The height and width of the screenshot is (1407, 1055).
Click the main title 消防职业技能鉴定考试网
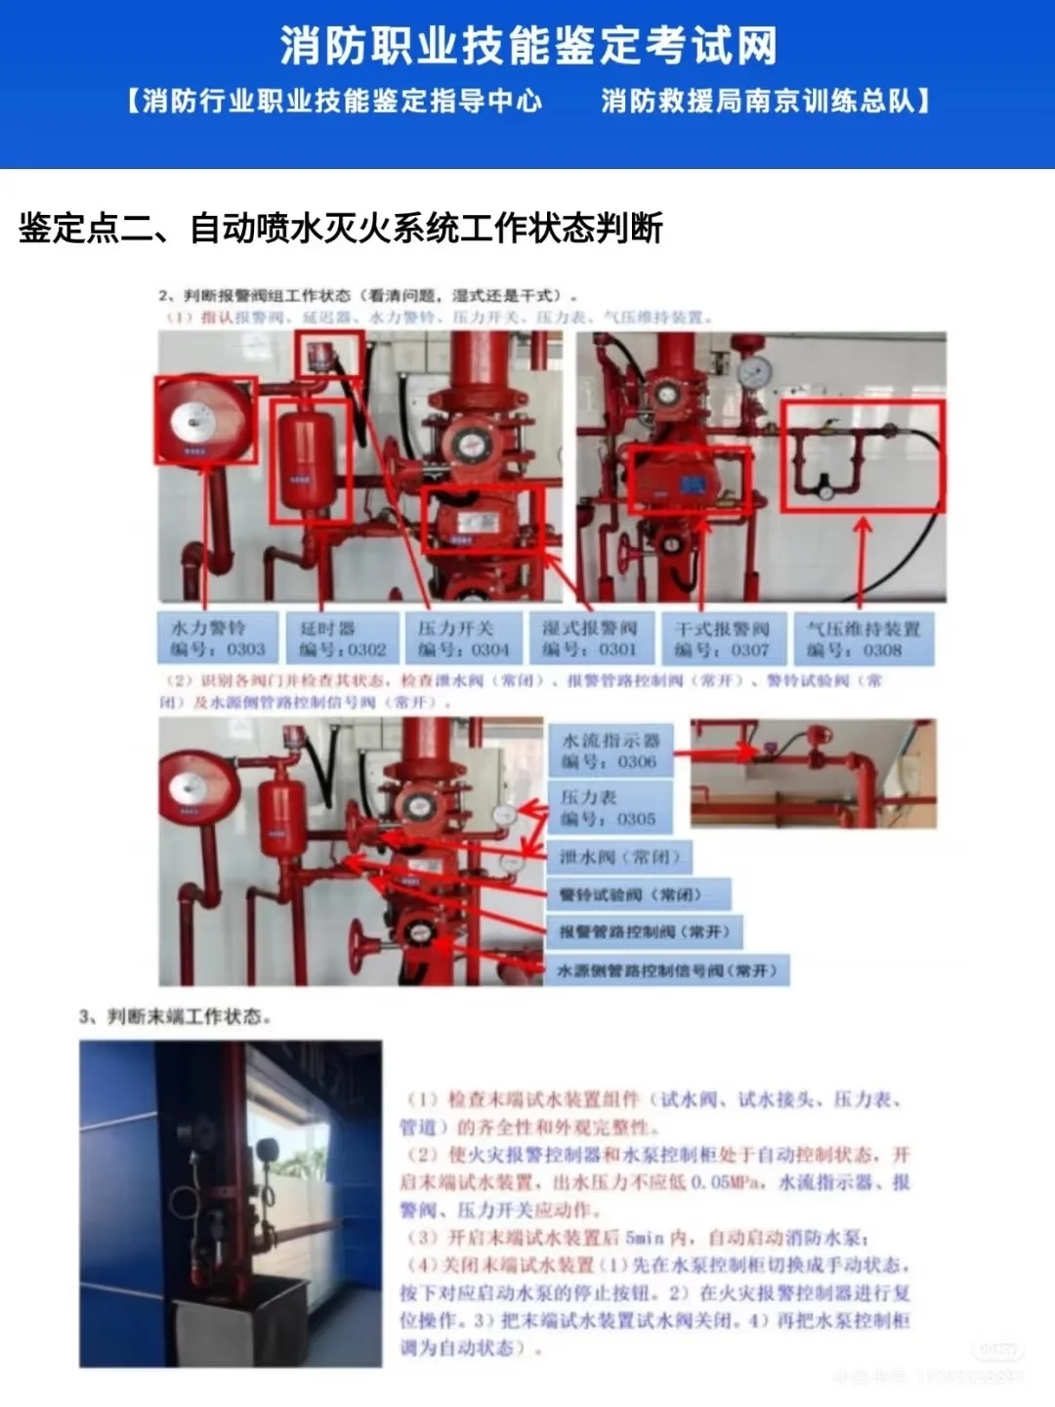coord(527,46)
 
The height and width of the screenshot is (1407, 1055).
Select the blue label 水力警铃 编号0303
coord(218,638)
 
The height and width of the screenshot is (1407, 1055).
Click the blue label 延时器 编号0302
coord(340,638)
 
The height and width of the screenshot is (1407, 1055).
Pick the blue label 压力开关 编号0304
coord(463,638)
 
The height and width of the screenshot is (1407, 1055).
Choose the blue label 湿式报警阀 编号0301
coord(589,638)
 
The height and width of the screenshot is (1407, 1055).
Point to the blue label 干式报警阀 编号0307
coord(721,638)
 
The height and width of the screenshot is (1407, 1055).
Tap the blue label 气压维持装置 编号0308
coord(864,638)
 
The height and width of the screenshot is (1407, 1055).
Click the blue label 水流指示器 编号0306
coord(610,750)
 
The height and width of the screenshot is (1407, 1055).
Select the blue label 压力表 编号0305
coord(610,807)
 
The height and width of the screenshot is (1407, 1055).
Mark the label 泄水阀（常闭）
coord(619,857)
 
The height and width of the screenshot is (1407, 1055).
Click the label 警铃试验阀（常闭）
coord(637,894)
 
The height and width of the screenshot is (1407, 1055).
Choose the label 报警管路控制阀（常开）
coord(644,931)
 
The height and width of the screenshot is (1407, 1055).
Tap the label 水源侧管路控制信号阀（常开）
coord(666,970)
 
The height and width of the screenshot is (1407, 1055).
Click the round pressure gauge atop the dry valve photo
coord(753,372)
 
